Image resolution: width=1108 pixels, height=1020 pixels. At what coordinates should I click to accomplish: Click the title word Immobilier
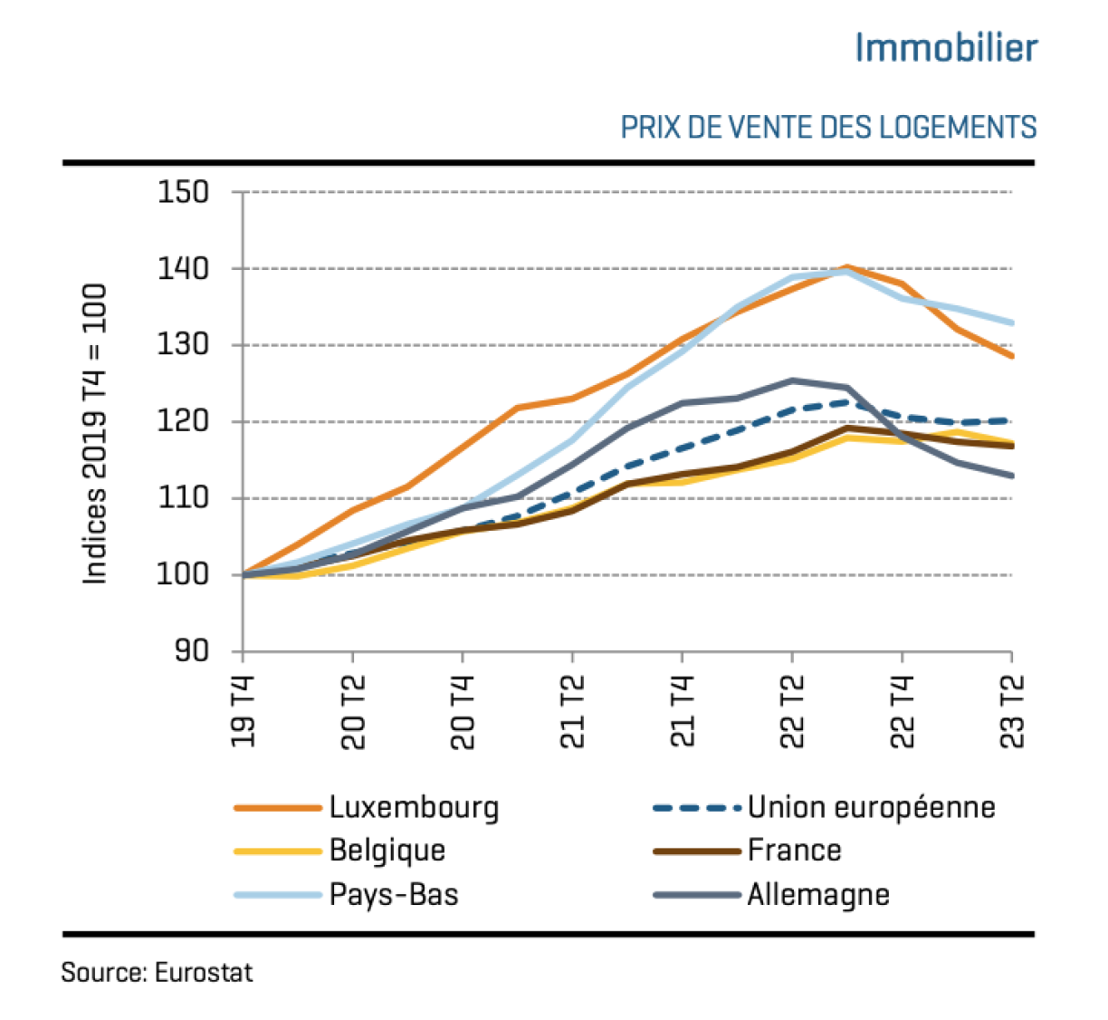tap(946, 48)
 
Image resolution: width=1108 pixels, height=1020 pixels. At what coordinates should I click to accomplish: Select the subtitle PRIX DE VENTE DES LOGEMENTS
tap(828, 128)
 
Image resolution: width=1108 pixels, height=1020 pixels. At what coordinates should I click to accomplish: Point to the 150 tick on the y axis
tap(183, 192)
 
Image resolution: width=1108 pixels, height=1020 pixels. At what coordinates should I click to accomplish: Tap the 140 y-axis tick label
tap(183, 269)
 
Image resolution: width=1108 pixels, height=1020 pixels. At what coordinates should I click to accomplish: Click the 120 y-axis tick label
tap(183, 422)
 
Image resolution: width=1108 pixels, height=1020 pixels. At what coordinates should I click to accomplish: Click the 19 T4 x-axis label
tap(243, 712)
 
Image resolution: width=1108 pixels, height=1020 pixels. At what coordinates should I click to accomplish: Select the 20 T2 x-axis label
tap(353, 712)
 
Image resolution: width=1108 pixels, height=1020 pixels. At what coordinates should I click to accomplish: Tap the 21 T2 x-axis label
tap(572, 712)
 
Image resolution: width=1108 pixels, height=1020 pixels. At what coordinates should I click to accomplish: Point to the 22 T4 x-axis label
tap(902, 712)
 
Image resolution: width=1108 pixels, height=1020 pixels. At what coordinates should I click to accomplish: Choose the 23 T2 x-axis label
tap(1012, 712)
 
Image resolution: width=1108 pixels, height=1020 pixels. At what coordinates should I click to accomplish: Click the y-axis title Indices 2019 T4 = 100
tap(95, 434)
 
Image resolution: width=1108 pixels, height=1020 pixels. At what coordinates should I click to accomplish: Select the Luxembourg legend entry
tap(414, 807)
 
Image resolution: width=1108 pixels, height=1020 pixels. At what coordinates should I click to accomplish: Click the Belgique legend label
tap(387, 851)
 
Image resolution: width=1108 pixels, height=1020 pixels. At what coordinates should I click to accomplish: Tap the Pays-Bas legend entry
tap(394, 895)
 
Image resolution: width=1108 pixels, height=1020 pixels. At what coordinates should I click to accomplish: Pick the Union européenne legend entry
tap(871, 807)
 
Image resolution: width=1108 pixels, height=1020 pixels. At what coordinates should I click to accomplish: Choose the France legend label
tap(794, 851)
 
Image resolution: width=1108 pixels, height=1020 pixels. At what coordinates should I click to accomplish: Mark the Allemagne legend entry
tap(818, 895)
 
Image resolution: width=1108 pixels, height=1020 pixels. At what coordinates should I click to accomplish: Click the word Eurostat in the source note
tap(204, 973)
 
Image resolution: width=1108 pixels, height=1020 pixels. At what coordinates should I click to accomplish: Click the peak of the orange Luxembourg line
tap(846, 267)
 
